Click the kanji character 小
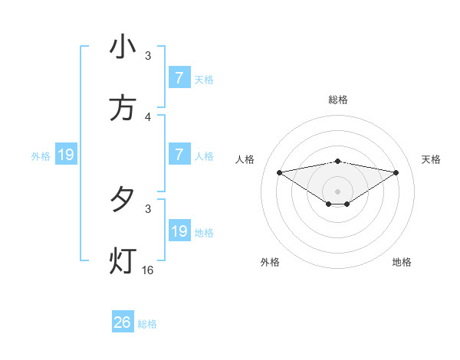[123, 47]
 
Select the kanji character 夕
[123, 200]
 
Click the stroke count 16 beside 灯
[148, 270]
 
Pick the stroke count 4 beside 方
[148, 117]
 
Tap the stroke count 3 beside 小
[148, 56]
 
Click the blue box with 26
[123, 322]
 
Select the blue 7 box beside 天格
[179, 78]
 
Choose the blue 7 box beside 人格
[179, 155]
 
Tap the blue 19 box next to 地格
[179, 231]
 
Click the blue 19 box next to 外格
[66, 155]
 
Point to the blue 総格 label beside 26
[147, 324]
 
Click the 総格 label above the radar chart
[338, 100]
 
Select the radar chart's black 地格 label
[402, 262]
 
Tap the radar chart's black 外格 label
[270, 262]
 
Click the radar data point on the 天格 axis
[396, 172]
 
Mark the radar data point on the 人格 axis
[280, 172]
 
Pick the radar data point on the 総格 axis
[338, 161]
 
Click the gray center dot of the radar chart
[338, 191]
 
